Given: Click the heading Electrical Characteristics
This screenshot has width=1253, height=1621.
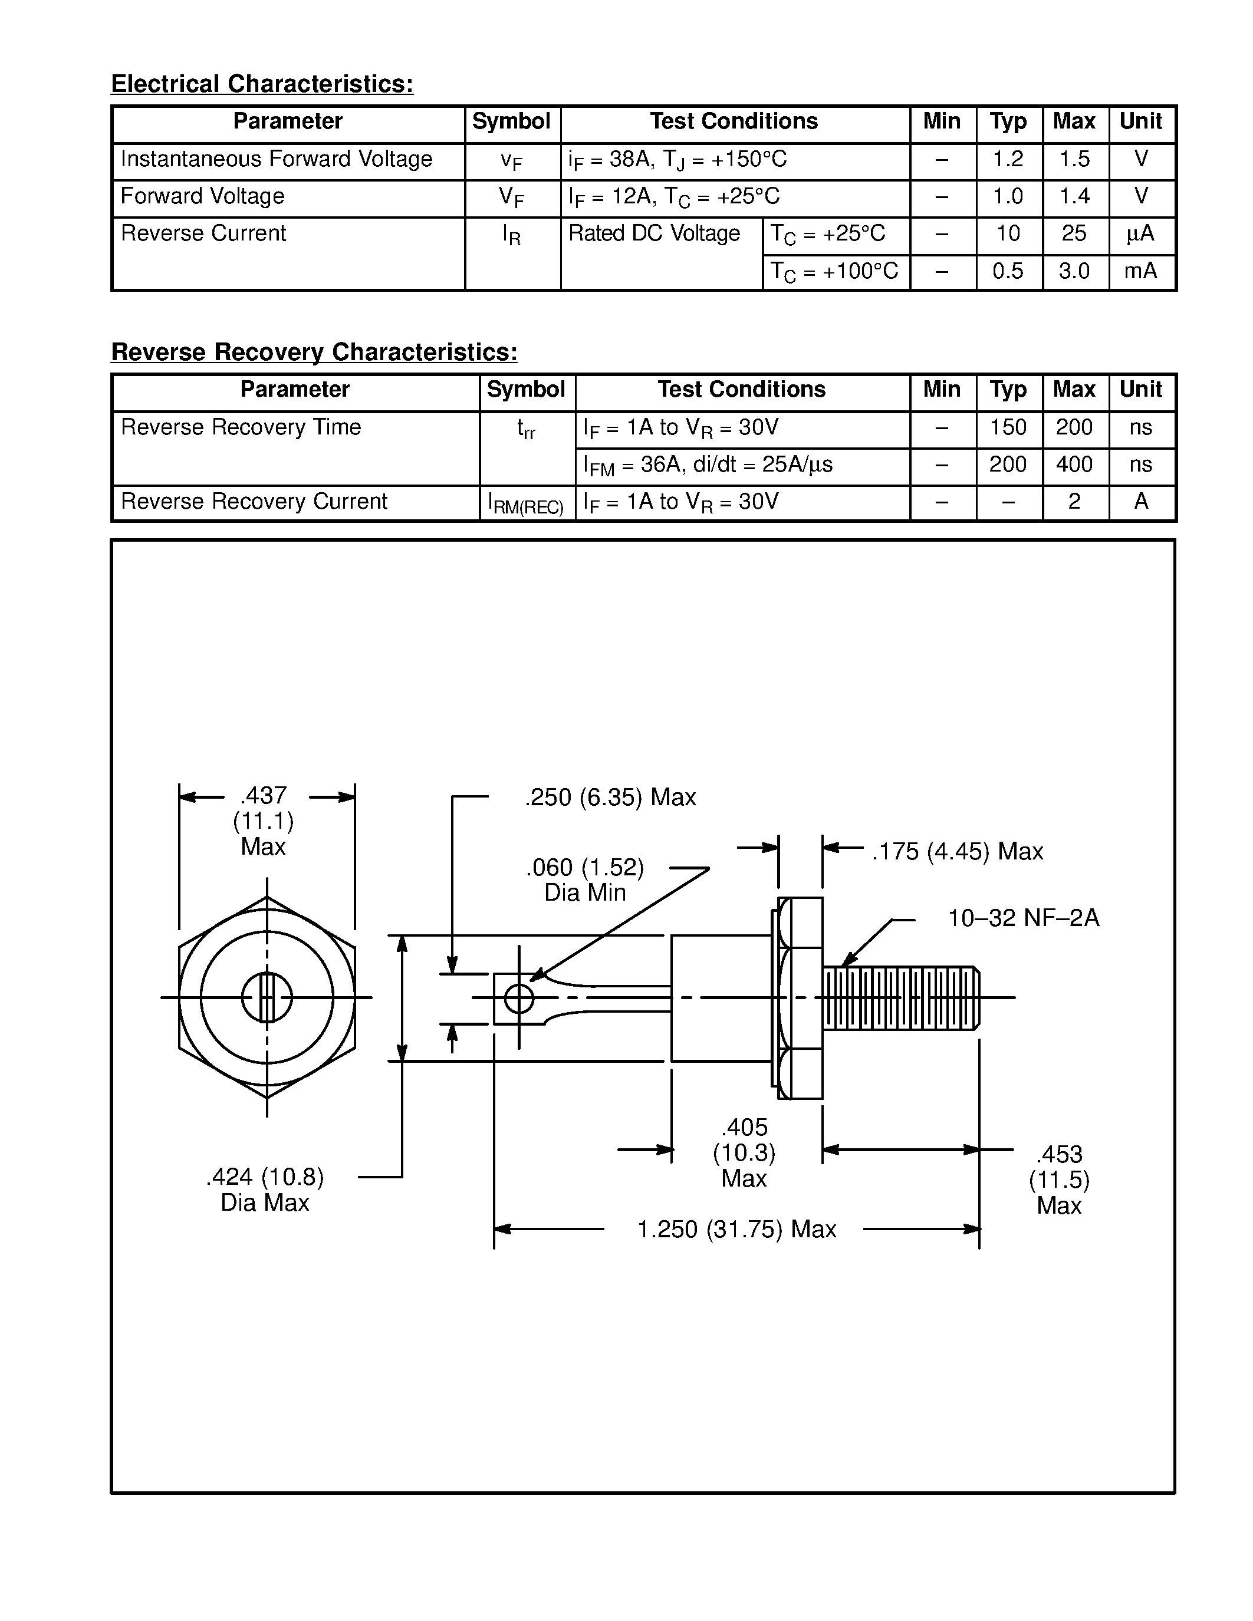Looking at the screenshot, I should pyautogui.click(x=262, y=84).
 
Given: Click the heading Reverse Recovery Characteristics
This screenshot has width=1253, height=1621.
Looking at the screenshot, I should pyautogui.click(x=314, y=352).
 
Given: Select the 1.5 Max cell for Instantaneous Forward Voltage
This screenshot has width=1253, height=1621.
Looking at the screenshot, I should pyautogui.click(x=1074, y=160).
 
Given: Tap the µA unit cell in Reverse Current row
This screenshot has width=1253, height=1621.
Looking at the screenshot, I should pyautogui.click(x=1141, y=234).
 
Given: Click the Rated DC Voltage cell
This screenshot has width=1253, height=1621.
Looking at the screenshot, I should pyautogui.click(x=654, y=234).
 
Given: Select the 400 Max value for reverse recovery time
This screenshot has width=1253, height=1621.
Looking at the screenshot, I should pyautogui.click(x=1074, y=465).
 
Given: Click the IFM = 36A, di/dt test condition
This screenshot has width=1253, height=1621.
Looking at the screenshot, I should pyautogui.click(x=708, y=465).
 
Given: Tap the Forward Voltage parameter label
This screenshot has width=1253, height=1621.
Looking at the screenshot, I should pyautogui.click(x=203, y=197).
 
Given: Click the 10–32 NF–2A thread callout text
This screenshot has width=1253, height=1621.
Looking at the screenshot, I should pyautogui.click(x=1023, y=919).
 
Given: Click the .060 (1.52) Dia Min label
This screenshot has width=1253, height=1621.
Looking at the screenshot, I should pyautogui.click(x=585, y=879).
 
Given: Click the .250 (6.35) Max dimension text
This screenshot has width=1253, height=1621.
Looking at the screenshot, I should pyautogui.click(x=610, y=798).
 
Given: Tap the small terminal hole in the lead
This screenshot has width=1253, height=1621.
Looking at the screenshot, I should pyautogui.click(x=519, y=999).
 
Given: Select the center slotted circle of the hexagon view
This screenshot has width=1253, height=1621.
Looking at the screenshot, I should pyautogui.click(x=267, y=997).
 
